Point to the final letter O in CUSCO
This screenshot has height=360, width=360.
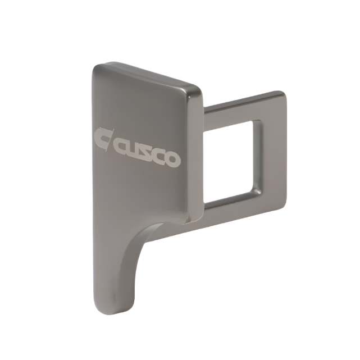pyautogui.click(x=172, y=159)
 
